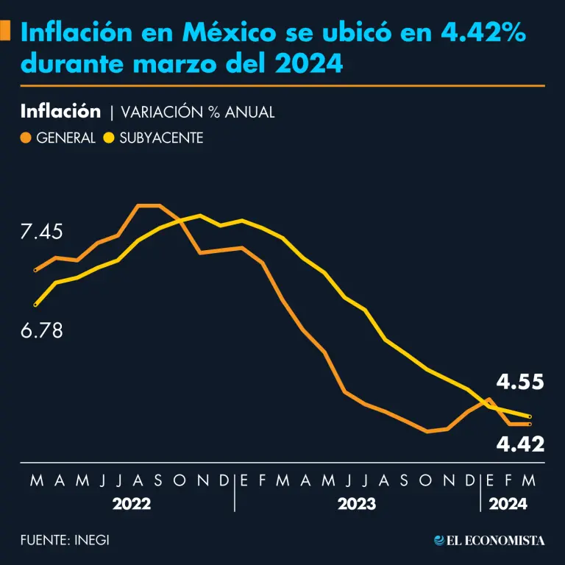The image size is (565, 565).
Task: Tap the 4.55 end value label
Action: [519, 383]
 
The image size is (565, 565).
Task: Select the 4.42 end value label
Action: [519, 444]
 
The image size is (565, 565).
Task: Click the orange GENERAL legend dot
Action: [26, 138]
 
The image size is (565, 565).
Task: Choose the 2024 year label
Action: [508, 505]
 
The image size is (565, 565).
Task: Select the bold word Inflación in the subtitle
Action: [60, 112]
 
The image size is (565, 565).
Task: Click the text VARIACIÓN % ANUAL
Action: [197, 113]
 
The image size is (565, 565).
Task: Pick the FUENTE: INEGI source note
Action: [65, 540]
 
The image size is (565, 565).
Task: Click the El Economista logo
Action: [489, 541]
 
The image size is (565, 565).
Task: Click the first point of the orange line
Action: [35, 270]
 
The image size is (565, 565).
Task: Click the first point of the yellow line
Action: [35, 304]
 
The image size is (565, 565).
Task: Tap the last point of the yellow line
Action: [530, 417]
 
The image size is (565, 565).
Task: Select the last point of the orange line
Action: [530, 424]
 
